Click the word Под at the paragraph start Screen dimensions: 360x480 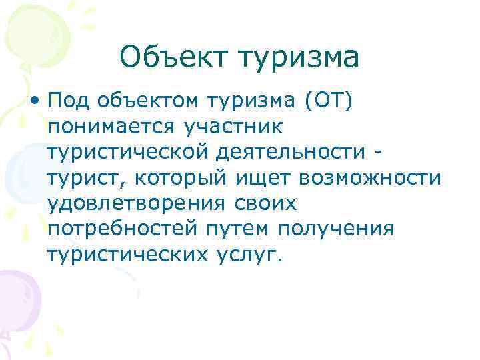pyautogui.click(x=69, y=102)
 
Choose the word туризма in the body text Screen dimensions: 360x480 pyautogui.click(x=256, y=102)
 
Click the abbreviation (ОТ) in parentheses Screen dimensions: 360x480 pyautogui.click(x=331, y=102)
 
